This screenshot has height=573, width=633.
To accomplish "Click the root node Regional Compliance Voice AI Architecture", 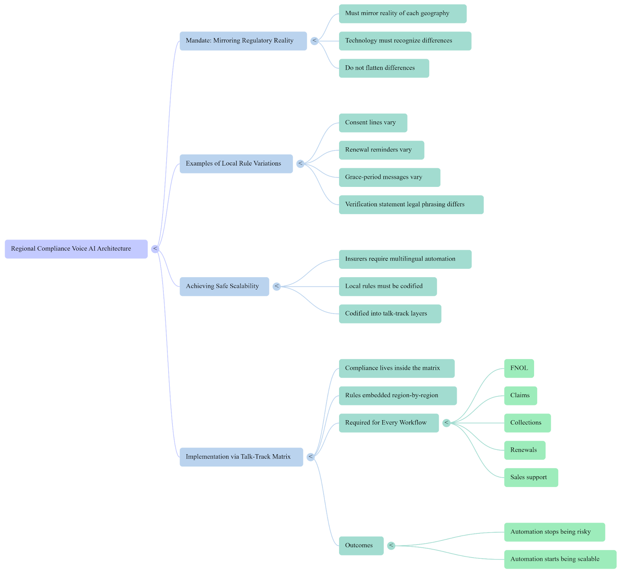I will pyautogui.click(x=76, y=249).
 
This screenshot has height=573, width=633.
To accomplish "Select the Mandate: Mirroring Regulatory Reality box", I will pyautogui.click(x=243, y=41).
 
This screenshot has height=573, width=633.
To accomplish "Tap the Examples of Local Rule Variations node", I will pyautogui.click(x=236, y=164).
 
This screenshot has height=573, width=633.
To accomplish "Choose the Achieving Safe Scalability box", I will pyautogui.click(x=224, y=286).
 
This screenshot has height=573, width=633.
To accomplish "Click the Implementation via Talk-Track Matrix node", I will pyautogui.click(x=241, y=457).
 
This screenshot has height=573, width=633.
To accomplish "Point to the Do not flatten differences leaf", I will pyautogui.click(x=384, y=68).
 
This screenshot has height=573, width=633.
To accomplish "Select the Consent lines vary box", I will pyautogui.click(x=373, y=123).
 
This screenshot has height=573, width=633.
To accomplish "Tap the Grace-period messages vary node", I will pyautogui.click(x=389, y=177).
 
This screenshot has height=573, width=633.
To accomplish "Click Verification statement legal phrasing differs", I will pyautogui.click(x=411, y=205).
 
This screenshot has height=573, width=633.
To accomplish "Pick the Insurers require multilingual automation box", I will pyautogui.click(x=405, y=259).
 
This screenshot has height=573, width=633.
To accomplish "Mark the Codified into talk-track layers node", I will pyautogui.click(x=390, y=314).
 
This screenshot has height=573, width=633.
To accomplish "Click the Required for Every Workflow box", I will pyautogui.click(x=389, y=423).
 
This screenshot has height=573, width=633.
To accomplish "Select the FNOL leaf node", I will pyautogui.click(x=519, y=368).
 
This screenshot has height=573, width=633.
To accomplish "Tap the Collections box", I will pyautogui.click(x=527, y=423).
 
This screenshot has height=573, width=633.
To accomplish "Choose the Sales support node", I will pyautogui.click(x=531, y=478).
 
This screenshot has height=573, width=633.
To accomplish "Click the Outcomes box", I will pyautogui.click(x=361, y=546).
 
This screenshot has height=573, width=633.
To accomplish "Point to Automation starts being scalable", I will pyautogui.click(x=560, y=559).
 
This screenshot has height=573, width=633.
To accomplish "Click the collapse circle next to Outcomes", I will pyautogui.click(x=391, y=546).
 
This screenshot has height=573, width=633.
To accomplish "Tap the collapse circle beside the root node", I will pyautogui.click(x=155, y=249).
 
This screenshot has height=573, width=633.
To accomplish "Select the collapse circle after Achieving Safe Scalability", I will pyautogui.click(x=277, y=286).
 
